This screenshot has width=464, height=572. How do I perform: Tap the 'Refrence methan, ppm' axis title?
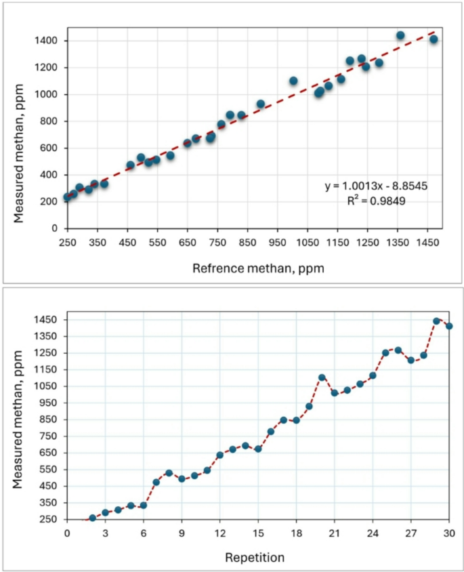[258, 268]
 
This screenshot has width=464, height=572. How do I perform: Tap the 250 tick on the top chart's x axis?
[67, 243]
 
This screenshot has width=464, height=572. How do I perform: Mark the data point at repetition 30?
[449, 326]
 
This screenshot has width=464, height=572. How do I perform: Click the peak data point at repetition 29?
[436, 321]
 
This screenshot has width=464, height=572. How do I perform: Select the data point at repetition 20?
[322, 377]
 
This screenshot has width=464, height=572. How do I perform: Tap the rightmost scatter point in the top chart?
[434, 39]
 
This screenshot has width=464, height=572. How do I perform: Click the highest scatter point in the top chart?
[400, 35]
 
